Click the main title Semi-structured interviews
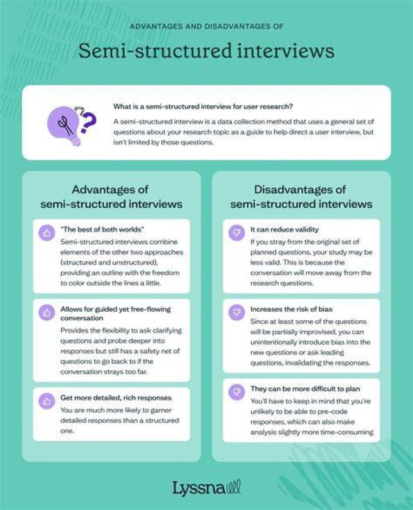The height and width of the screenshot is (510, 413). (206, 51)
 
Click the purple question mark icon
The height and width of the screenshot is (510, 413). (88, 123)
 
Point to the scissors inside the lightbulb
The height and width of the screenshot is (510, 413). (65, 125)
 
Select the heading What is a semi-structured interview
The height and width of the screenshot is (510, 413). (203, 107)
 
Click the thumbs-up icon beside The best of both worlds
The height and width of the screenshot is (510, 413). (46, 233)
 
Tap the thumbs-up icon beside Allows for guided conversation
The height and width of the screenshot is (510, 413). (46, 312)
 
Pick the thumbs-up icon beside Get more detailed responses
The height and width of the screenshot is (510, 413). (46, 401)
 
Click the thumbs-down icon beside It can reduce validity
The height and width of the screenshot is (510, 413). (237, 233)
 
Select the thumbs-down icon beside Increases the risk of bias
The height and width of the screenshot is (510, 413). (237, 312)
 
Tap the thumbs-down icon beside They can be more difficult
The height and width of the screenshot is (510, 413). (237, 392)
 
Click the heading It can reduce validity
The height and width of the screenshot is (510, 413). (285, 229)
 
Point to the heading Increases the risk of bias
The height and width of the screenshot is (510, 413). (291, 309)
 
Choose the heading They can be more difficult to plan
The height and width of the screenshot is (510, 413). (305, 389)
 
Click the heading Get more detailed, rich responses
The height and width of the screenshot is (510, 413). (116, 398)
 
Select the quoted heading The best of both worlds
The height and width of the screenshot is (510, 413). (102, 229)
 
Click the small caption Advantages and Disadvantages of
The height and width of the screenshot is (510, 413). (206, 26)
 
